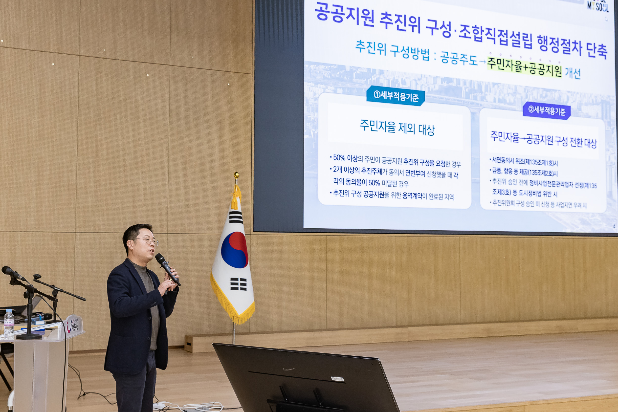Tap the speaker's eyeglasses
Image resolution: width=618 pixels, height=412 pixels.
pyautogui.click(x=147, y=241)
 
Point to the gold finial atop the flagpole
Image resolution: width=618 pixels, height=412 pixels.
pyautogui.click(x=237, y=175)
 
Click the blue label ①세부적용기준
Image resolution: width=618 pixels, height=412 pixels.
pyautogui.click(x=396, y=96)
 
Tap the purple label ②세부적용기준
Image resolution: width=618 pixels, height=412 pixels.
pyautogui.click(x=547, y=111)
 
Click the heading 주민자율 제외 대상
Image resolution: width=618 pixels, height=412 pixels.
pyautogui.click(x=397, y=128)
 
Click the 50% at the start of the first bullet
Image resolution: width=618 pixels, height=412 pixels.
pyautogui.click(x=339, y=158)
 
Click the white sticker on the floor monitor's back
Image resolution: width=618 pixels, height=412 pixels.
pyautogui.click(x=338, y=379)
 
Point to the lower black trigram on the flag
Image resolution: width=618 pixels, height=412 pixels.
pyautogui.click(x=238, y=284)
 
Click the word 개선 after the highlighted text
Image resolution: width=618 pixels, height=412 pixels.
pyautogui.click(x=573, y=73)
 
